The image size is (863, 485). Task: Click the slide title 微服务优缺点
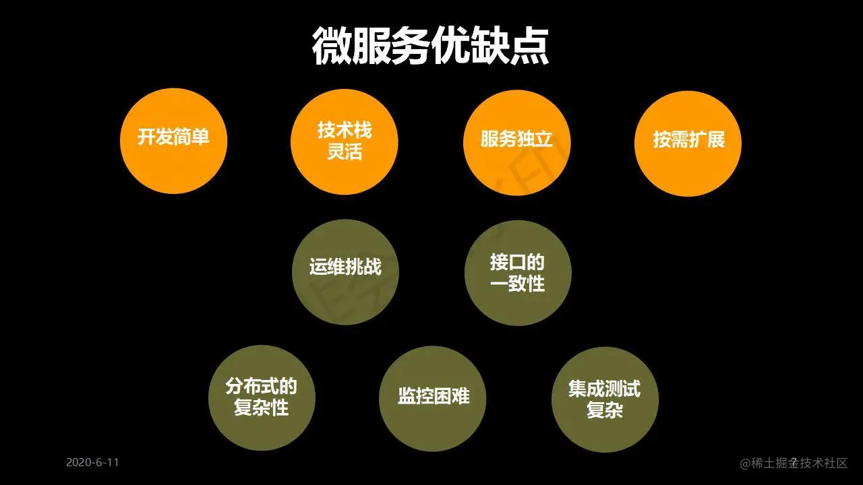pos(431,46)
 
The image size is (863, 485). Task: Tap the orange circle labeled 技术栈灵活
pos(345,141)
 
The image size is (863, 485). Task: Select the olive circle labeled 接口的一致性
pos(518,273)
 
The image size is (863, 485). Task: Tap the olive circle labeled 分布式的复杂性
pos(262,397)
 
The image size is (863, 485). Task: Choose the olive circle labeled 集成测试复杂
pos(605,399)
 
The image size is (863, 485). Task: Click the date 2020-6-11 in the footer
pos(92,462)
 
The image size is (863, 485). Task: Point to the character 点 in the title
pos(530,46)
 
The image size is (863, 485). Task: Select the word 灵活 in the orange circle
pos(345,152)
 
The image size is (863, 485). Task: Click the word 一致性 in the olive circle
pos(518,284)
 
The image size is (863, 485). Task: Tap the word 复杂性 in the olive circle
pos(262,408)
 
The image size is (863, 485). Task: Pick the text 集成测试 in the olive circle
pos(605,389)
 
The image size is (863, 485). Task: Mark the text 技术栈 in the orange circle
pos(345,130)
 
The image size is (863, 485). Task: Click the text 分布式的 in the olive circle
pos(262,387)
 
